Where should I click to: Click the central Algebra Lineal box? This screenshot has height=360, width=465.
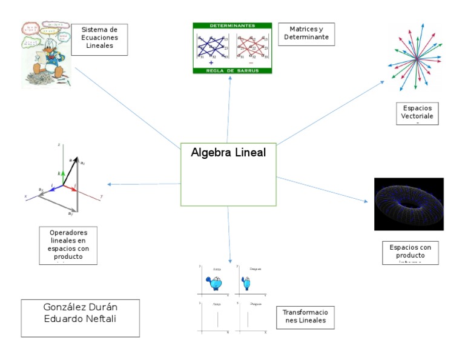click(228, 175)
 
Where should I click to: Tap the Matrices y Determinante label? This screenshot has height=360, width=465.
click(306, 33)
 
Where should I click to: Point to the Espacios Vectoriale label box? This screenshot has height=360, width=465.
click(417, 113)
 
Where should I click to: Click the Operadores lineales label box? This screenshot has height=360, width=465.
click(68, 245)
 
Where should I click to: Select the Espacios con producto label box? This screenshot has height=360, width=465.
click(411, 253)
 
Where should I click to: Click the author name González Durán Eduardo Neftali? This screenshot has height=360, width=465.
click(80, 318)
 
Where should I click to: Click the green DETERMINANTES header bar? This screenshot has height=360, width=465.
click(232, 26)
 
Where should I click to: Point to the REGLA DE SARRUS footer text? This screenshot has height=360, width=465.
click(232, 71)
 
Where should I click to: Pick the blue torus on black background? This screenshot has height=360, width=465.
click(409, 204)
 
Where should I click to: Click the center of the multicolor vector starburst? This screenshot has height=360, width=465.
click(417, 57)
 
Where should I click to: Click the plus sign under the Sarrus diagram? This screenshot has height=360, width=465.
click(211, 63)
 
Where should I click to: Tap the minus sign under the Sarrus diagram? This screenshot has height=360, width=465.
click(251, 63)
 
